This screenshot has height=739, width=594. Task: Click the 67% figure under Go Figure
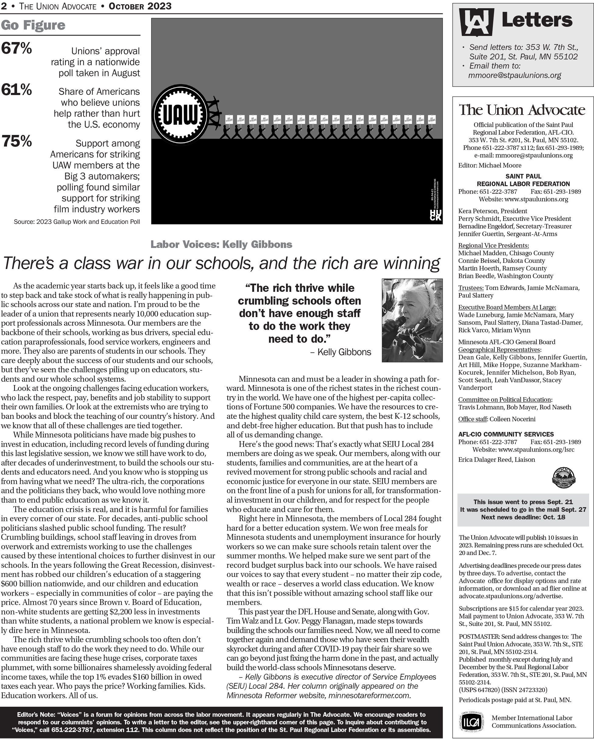coord(16,48)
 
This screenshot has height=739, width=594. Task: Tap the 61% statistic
coord(16,90)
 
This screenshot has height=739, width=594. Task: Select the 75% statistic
coord(16,141)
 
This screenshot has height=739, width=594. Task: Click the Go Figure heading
coord(33,25)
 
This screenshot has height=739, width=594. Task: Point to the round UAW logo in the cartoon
coord(180,115)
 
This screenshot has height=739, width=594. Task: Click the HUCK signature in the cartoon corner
coord(435,215)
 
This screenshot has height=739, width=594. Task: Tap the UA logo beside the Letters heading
coord(476,22)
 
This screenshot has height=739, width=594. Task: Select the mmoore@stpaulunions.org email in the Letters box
coord(514,76)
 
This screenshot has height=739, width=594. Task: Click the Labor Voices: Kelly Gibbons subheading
coord(221,244)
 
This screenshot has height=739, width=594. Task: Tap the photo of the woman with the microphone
coord(412,320)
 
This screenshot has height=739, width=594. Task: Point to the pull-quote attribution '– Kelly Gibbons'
coord(341,352)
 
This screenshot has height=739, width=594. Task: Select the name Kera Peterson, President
coord(493,211)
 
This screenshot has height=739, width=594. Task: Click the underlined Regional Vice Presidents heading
coord(493,246)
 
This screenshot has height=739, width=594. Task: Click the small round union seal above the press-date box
coord(564,477)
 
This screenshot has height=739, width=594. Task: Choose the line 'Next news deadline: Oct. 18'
coord(523,517)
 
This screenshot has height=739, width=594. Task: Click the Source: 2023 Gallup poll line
coord(77,222)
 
